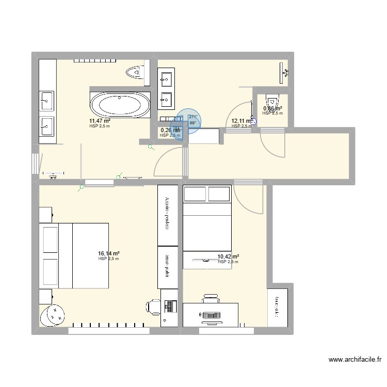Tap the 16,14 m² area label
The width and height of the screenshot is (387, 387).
pyautogui.click(x=108, y=253)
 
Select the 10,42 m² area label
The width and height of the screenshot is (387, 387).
pyautogui.click(x=228, y=256)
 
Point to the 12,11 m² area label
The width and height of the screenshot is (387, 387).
pyautogui.click(x=241, y=121)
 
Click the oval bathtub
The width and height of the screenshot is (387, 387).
pyautogui.click(x=121, y=106)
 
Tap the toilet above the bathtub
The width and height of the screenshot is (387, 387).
pyautogui.click(x=135, y=73)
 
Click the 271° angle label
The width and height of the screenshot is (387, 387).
pyautogui.click(x=192, y=117)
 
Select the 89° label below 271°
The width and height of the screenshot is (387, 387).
pyautogui.click(x=192, y=123)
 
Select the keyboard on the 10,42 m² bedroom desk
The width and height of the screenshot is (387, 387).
pyautogui.click(x=211, y=314)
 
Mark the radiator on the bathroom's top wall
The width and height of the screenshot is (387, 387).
pyautogui.click(x=95, y=61)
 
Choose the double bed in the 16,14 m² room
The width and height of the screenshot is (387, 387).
pyautogui.click(x=75, y=255)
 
